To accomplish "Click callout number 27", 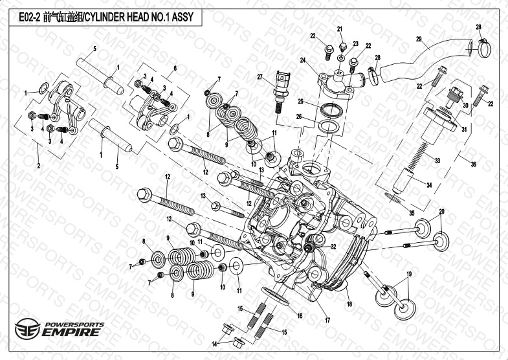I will [260, 77].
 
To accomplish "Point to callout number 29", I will [419, 40].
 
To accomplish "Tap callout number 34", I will [447, 184].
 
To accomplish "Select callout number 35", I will [413, 212].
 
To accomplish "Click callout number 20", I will [442, 212].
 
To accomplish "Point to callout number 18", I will [349, 304].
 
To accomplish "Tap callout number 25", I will [300, 102].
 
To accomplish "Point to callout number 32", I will [333, 247].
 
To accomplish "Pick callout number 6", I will [175, 67].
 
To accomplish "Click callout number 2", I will [38, 166].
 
